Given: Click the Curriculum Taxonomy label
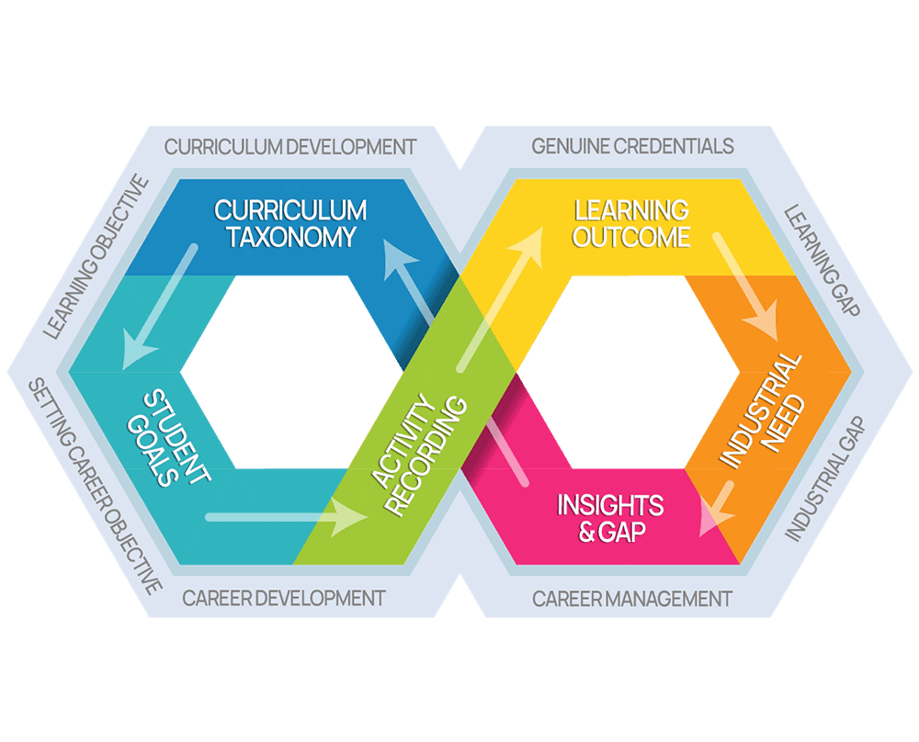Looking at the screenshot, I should (x=290, y=223).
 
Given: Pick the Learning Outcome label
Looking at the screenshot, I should (x=630, y=223).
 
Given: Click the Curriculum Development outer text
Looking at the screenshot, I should (x=290, y=146).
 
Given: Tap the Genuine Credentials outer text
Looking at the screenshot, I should (x=633, y=146).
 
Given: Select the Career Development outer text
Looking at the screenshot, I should (x=283, y=599).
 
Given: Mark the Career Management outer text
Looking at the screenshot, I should (x=632, y=599).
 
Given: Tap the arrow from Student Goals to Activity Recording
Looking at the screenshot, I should (x=285, y=518).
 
